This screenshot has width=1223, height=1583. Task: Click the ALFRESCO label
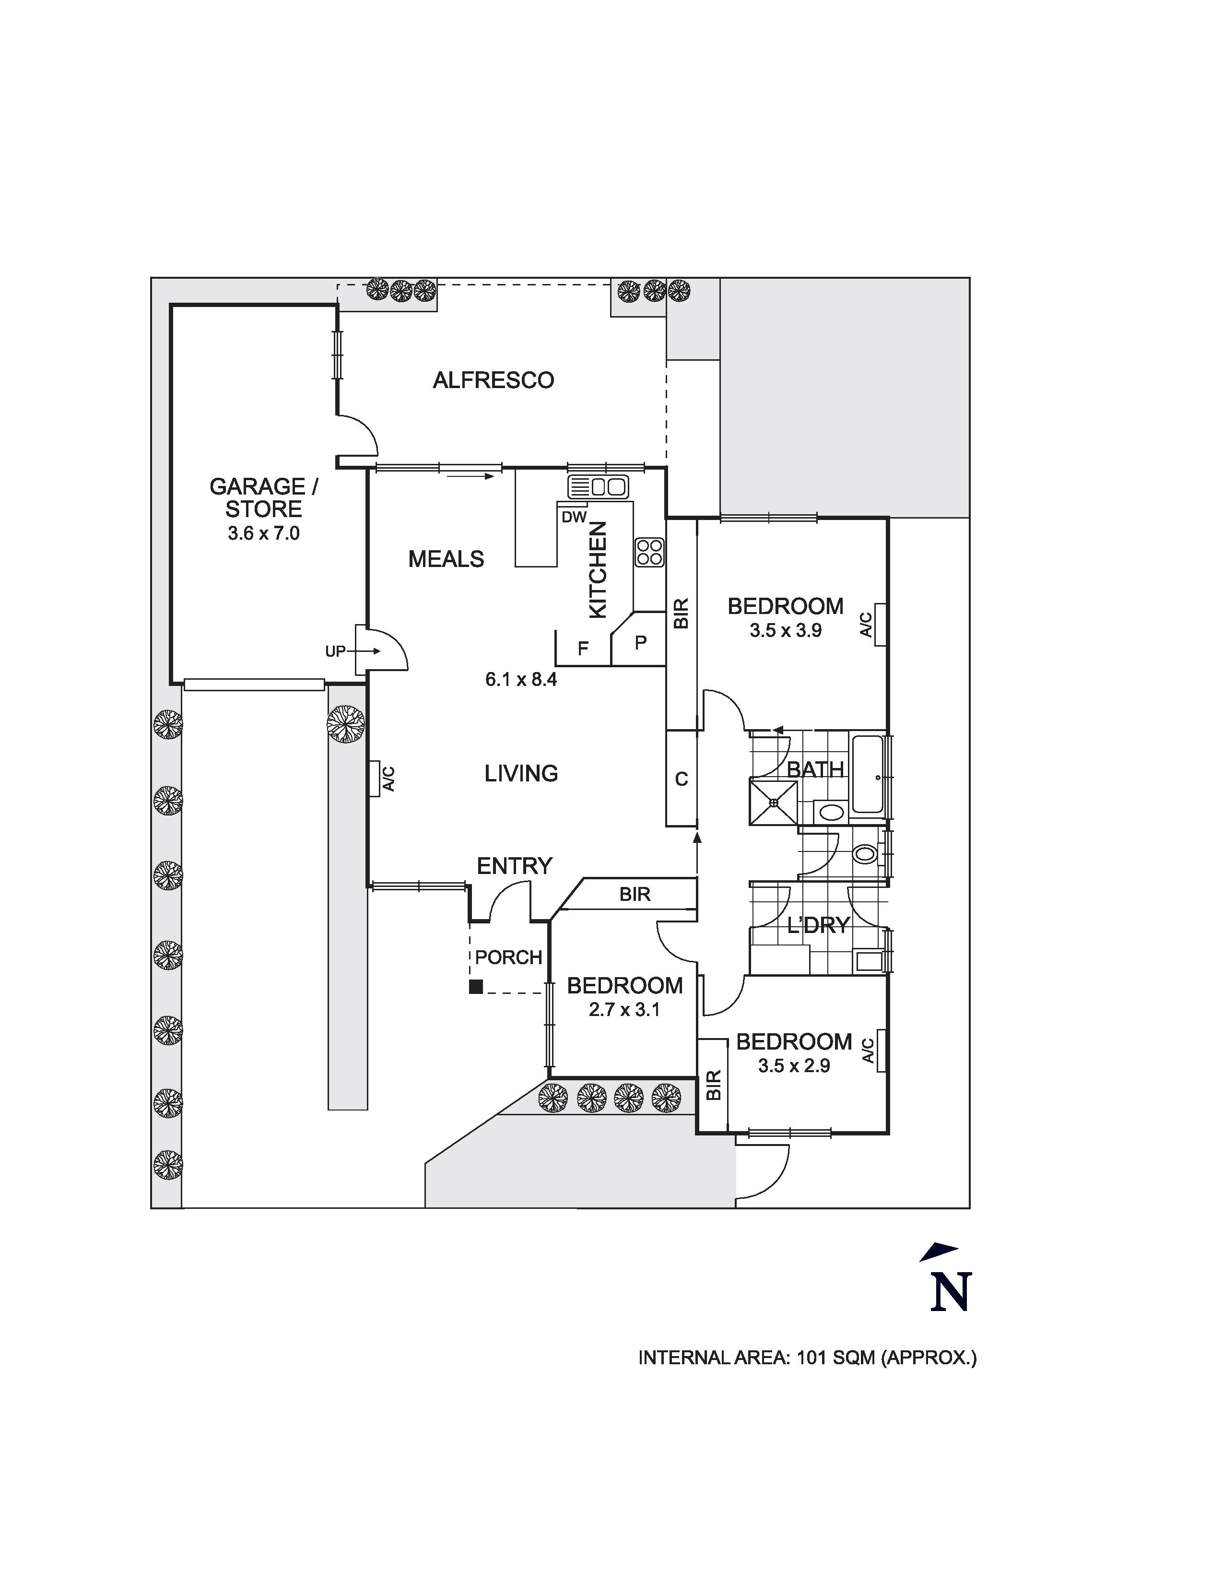click(494, 380)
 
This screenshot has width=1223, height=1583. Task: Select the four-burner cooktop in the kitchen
click(649, 552)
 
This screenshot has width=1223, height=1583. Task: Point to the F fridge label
click(583, 649)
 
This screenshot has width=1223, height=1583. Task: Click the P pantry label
click(640, 642)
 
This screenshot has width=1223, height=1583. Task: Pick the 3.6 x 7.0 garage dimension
click(264, 533)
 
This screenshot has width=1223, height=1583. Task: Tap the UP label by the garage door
click(335, 651)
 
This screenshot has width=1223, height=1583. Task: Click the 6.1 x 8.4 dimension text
click(521, 679)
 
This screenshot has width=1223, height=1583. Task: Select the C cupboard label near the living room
click(681, 779)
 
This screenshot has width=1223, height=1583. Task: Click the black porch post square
click(476, 986)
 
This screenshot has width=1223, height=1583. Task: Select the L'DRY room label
click(818, 926)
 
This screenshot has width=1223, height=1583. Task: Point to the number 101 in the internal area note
click(811, 1358)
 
